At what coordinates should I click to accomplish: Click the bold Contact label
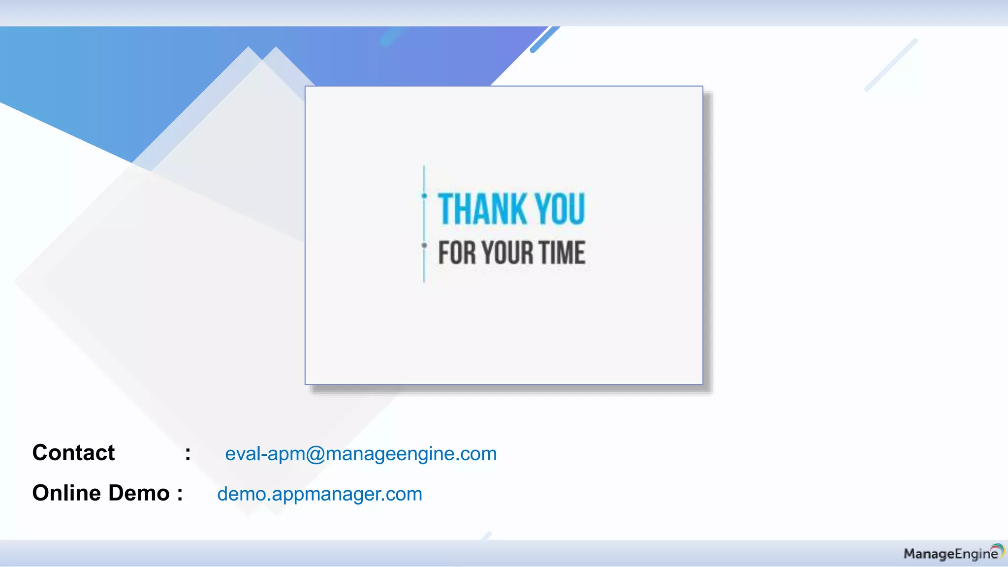[x=73, y=453]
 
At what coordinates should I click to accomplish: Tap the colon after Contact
[x=188, y=454]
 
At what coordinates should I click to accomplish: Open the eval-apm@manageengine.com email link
[x=361, y=454]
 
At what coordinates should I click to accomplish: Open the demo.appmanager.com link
[x=319, y=494]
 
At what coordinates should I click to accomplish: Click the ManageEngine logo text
[x=950, y=554]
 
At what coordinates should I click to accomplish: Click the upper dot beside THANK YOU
[x=424, y=196]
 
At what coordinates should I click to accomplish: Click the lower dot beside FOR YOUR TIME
[x=424, y=245]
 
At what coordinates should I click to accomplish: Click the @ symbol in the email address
[x=315, y=454]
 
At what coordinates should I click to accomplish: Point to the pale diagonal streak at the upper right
[x=891, y=65]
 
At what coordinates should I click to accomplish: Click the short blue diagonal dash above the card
[x=545, y=39]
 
